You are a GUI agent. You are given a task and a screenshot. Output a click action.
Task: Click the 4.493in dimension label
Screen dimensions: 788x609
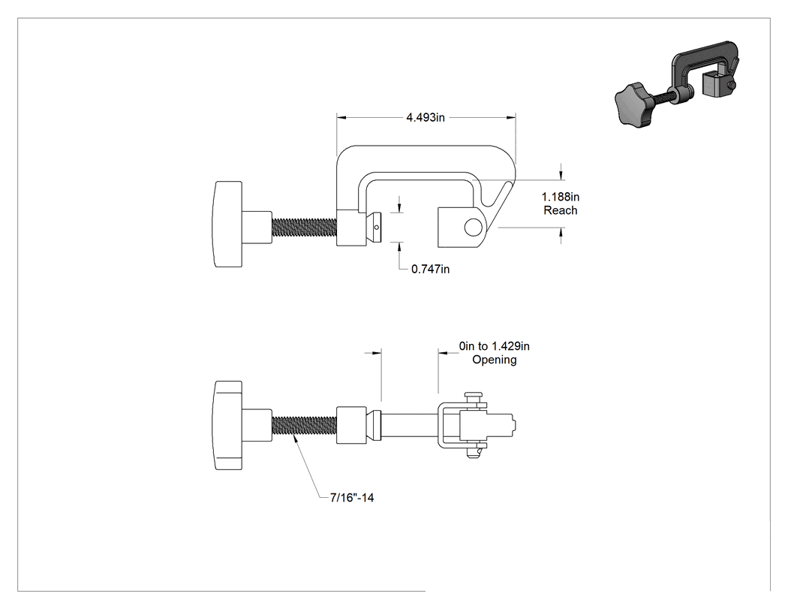click(x=426, y=117)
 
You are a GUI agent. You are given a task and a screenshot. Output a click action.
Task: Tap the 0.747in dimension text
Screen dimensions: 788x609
click(x=431, y=269)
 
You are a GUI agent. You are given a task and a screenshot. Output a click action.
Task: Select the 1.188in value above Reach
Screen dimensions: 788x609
click(x=561, y=197)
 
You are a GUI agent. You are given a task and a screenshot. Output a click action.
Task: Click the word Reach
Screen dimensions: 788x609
click(x=561, y=210)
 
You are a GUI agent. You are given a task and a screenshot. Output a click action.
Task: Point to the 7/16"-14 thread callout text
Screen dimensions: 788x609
click(x=352, y=497)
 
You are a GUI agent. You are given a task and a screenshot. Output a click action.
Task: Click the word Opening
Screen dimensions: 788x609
click(x=495, y=360)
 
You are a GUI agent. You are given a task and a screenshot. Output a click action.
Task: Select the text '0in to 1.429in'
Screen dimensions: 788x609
click(x=494, y=346)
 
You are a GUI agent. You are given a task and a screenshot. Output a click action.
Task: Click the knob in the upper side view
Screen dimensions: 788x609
click(x=228, y=225)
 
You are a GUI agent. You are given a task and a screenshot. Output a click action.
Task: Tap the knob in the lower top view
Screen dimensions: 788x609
click(x=228, y=426)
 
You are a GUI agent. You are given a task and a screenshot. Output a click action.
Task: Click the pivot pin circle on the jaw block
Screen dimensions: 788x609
click(x=472, y=228)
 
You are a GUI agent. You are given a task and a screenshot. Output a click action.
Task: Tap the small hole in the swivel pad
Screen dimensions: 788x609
click(x=377, y=228)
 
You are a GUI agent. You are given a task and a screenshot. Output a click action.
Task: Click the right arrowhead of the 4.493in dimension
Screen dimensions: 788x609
click(x=511, y=118)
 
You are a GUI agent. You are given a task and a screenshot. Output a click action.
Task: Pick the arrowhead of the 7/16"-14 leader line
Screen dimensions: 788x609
click(x=296, y=439)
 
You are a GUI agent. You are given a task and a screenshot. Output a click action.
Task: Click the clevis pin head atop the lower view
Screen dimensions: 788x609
click(x=472, y=396)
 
